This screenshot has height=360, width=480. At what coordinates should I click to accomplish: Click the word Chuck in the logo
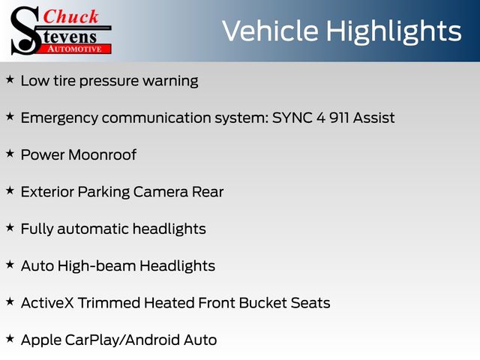(70, 16)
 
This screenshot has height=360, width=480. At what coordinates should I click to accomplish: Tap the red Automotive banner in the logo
(75, 49)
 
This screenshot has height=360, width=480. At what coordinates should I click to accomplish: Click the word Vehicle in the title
(270, 31)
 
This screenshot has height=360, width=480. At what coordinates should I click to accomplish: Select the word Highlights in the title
(394, 32)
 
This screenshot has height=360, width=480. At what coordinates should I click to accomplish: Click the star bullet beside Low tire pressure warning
(10, 79)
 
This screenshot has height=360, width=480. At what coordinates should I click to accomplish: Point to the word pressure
(109, 82)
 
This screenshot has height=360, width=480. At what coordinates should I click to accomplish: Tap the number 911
(339, 118)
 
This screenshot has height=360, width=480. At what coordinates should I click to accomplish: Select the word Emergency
(59, 118)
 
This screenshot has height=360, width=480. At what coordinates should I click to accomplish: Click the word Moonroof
(103, 154)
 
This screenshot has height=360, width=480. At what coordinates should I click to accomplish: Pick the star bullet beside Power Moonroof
(10, 153)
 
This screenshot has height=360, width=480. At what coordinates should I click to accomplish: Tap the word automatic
(93, 229)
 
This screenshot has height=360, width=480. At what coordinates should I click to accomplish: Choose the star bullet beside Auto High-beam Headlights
(10, 265)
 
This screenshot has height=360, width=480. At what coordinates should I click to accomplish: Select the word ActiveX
(47, 303)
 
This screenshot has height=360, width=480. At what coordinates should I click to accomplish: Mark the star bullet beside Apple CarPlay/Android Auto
(10, 338)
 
